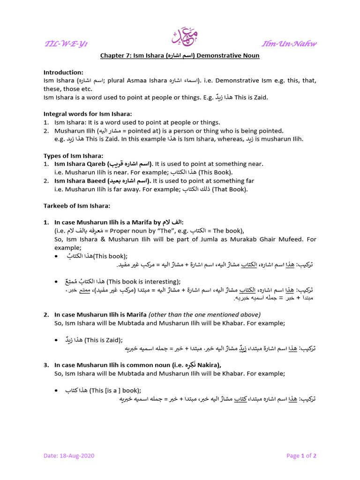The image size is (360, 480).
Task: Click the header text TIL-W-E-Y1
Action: point(66,44)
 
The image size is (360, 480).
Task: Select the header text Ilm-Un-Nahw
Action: point(290,44)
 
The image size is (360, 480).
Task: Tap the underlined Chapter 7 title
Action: point(180,56)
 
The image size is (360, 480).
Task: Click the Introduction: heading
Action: point(63,72)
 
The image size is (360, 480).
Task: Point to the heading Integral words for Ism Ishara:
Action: point(88,114)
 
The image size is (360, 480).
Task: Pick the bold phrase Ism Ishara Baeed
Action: point(80,181)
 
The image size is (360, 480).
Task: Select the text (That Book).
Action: point(230,189)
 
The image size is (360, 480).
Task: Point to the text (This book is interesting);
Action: point(143,281)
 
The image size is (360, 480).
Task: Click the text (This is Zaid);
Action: point(104,340)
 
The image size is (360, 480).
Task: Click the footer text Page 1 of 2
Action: point(301,456)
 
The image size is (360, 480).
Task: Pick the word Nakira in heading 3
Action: point(207,365)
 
